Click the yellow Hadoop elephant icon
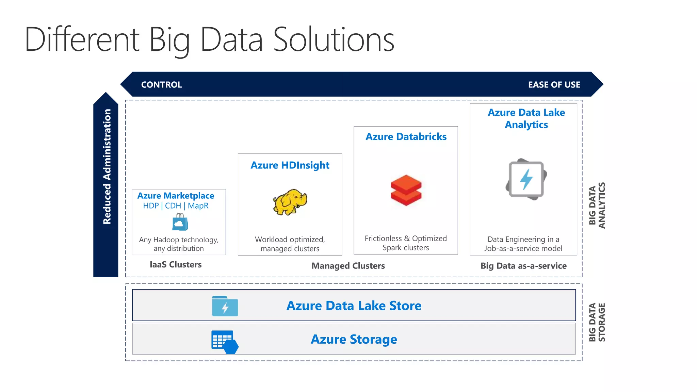click(x=290, y=202)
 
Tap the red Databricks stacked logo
click(x=406, y=190)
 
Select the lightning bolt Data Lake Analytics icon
click(x=526, y=179)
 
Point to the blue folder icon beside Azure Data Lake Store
click(x=225, y=306)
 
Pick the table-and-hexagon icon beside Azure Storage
click(x=225, y=342)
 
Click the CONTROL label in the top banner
click(x=161, y=85)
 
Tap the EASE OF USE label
click(x=554, y=85)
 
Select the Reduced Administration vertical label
click(x=107, y=166)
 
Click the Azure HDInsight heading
click(x=290, y=165)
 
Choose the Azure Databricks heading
click(x=406, y=137)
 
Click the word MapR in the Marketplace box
click(x=198, y=206)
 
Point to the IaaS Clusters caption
click(x=176, y=265)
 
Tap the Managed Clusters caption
click(x=348, y=266)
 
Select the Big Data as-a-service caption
click(x=523, y=266)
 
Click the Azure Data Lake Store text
click(x=354, y=306)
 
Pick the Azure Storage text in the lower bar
click(x=354, y=339)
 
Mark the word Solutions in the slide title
click(x=334, y=40)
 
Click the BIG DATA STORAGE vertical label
click(x=597, y=322)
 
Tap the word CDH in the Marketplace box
click(x=173, y=206)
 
